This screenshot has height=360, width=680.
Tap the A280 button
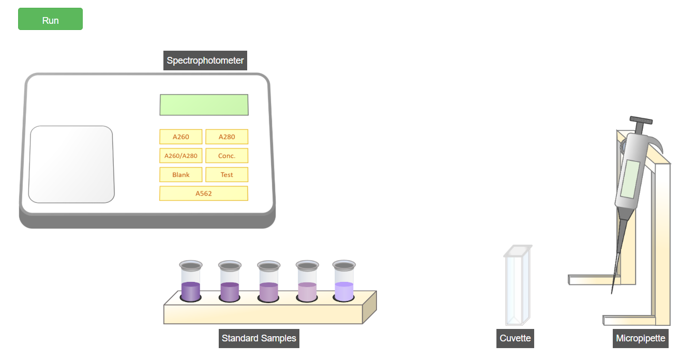226,137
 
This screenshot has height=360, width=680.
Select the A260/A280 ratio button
180,156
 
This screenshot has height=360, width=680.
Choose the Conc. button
226,156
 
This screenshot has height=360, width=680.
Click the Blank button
180,175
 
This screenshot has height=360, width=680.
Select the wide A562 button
203,193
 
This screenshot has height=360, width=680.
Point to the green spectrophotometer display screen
204,104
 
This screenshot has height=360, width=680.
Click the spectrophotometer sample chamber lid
71,164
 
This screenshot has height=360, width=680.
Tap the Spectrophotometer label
205,61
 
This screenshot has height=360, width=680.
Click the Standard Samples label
259,338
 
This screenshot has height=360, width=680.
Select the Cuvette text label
515,338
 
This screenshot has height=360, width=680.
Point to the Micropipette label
641,338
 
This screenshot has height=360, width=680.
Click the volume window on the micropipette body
630,178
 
